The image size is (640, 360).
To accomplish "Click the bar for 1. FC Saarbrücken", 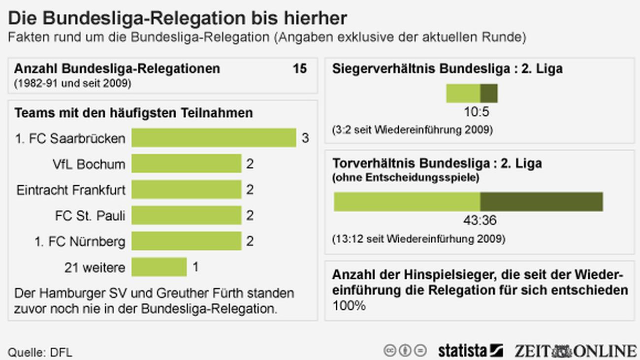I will [213, 138].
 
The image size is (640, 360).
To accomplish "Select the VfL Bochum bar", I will [186, 164].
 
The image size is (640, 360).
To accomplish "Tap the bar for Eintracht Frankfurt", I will [186, 190].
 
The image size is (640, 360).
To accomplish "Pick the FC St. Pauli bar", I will [186, 215].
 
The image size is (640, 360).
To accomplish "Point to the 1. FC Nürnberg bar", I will [186, 241].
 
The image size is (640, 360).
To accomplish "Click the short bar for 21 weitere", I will [159, 267].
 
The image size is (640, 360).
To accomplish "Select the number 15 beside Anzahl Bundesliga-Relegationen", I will [299, 69].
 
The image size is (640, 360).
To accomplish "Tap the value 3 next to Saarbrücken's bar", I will [305, 138].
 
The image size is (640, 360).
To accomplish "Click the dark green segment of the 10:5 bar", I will [489, 93].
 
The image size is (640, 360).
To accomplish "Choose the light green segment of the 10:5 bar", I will [463, 93].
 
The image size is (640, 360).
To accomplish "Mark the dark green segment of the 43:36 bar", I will [542, 202].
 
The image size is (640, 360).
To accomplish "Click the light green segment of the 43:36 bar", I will [407, 202].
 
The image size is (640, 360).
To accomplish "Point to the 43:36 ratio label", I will [480, 221].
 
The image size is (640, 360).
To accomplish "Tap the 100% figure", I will [349, 306].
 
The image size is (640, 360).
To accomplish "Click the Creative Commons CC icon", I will [390, 351].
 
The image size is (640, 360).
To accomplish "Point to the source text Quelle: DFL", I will [40, 353].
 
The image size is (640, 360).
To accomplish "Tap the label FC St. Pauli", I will [90, 216].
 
